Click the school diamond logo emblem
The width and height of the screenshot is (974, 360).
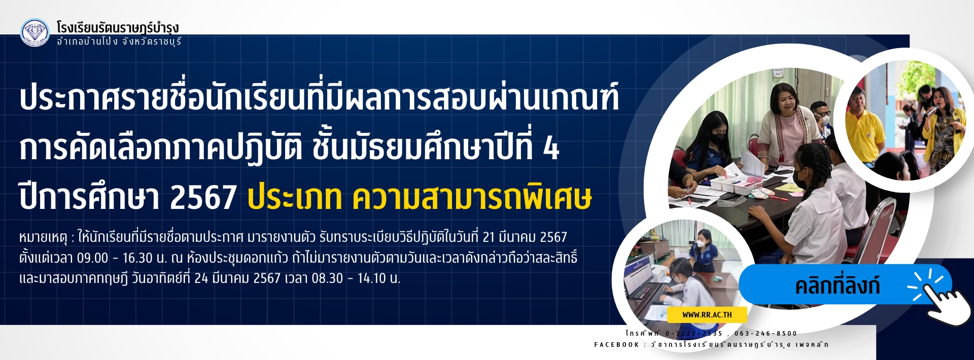[x=35, y=32]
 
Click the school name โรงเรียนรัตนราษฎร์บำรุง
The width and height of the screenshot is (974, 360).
[x=118, y=27]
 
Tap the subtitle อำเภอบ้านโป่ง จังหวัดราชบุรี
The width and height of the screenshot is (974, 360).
[x=119, y=42]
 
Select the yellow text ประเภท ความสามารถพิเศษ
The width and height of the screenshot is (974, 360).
[x=420, y=198]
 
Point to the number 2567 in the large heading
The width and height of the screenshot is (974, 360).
[x=203, y=198]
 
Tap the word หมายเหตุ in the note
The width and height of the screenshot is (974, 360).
[x=43, y=237]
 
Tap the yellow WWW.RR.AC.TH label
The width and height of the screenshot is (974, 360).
[x=707, y=315]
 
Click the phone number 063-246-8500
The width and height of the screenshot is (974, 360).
[x=766, y=334]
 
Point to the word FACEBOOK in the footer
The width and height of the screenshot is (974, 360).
[x=617, y=345]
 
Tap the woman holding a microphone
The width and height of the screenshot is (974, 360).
[x=943, y=127]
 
